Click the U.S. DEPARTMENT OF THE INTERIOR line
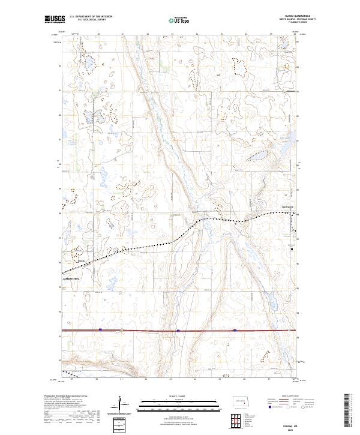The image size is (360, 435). click(x=90, y=17)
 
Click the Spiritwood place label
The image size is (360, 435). click(x=287, y=208)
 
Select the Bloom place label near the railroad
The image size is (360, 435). click(x=82, y=260)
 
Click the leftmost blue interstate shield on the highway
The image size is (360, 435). click(x=100, y=329)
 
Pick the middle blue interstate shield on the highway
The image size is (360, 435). click(x=178, y=330)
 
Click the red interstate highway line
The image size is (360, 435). click(x=144, y=330)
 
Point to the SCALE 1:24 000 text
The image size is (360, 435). click(x=179, y=396)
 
